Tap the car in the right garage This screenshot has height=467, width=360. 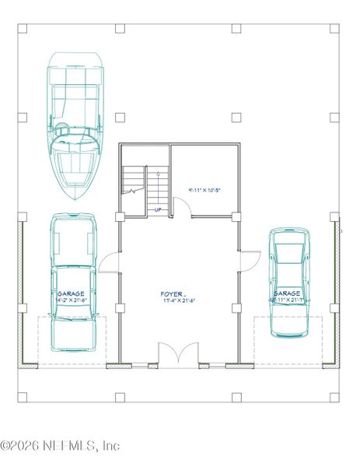(x=289, y=282)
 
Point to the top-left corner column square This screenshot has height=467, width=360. (x=23, y=29)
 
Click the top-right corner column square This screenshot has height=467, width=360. (x=335, y=29)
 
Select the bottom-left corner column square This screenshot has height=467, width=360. (x=23, y=398)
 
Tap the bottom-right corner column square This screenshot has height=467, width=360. (x=335, y=398)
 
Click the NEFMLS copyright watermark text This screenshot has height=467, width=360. (x=60, y=446)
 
